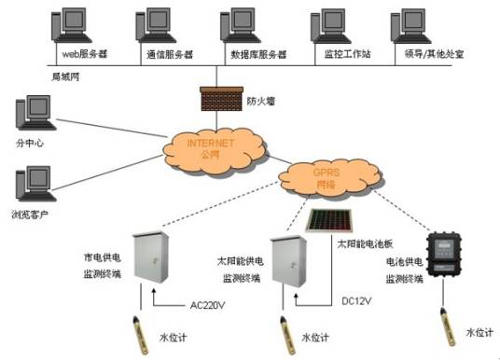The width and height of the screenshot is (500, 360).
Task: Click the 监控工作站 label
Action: [x=347, y=55]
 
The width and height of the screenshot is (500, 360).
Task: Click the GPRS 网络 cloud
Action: [x=322, y=176]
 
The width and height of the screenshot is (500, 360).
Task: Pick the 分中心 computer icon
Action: [x=33, y=117]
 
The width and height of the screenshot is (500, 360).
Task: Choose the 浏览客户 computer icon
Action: [x=33, y=187]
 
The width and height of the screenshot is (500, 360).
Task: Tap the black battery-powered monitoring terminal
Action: [x=445, y=257]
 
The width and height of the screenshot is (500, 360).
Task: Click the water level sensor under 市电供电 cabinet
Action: [x=138, y=331]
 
